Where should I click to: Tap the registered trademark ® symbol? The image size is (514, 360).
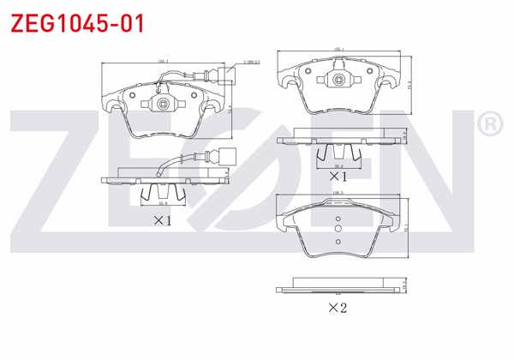[488, 125]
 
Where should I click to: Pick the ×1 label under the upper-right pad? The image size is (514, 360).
[338, 176]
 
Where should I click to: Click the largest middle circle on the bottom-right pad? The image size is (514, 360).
[338, 228]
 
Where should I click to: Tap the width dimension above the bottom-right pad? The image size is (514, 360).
[338, 194]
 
